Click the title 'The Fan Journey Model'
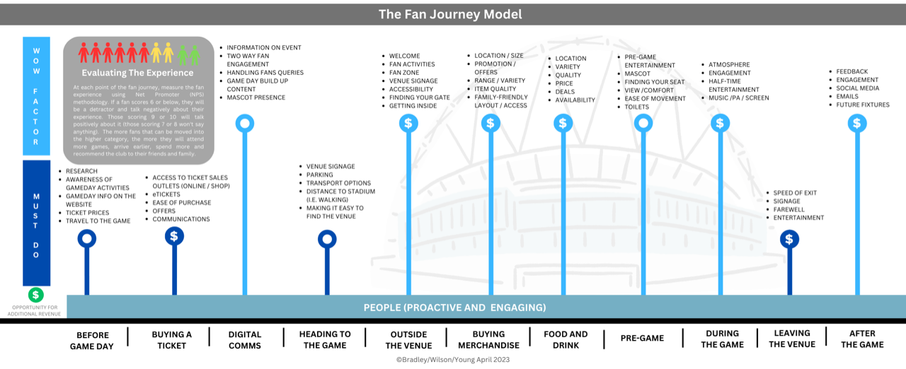click(450, 14)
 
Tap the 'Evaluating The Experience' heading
click(137, 73)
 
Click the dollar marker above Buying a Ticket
click(174, 236)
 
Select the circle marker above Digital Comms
click(245, 124)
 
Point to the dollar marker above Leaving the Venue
click(789, 239)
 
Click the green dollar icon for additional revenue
click(35, 295)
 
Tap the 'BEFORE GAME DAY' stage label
click(92, 339)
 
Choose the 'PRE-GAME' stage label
click(642, 339)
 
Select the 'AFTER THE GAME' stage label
click(861, 339)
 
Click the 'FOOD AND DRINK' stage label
click(566, 339)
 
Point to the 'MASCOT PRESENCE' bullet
click(256, 98)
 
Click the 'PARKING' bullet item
click(321, 175)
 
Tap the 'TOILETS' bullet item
click(636, 107)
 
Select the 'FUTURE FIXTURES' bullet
click(863, 105)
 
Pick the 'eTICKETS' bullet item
click(167, 194)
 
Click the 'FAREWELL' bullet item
click(789, 210)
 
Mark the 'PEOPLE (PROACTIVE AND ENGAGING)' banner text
click(454, 307)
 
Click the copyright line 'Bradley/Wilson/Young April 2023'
click(452, 360)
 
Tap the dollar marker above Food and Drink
click(563, 124)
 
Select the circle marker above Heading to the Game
click(327, 240)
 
